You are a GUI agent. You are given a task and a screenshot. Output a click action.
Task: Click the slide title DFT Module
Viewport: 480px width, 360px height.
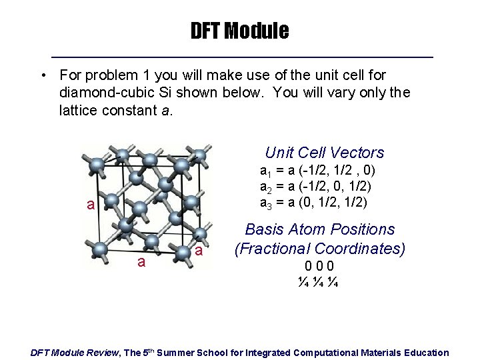click(x=239, y=31)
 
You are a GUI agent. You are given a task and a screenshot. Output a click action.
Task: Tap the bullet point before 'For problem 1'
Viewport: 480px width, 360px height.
click(x=42, y=75)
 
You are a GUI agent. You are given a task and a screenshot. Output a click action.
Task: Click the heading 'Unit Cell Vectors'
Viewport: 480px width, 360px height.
click(x=324, y=152)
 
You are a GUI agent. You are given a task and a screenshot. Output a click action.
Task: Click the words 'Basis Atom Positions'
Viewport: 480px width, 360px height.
click(x=320, y=229)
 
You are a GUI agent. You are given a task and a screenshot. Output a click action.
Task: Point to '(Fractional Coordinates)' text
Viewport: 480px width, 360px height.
click(x=319, y=249)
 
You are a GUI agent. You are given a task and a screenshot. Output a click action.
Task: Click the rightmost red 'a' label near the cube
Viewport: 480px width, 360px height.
click(x=199, y=251)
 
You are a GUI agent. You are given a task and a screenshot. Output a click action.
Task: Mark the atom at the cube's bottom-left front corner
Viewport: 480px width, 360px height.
click(x=100, y=249)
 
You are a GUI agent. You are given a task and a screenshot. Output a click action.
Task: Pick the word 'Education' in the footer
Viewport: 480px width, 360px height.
click(x=424, y=352)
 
